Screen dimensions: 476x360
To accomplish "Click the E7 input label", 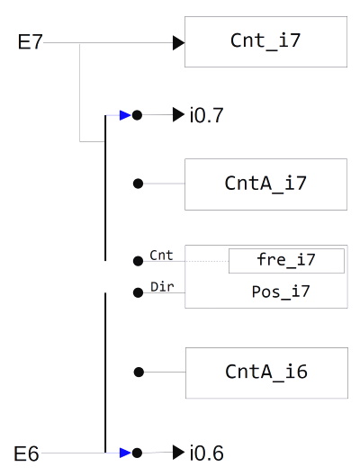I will point(30,42).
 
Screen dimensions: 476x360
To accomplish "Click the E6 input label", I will point(27,454).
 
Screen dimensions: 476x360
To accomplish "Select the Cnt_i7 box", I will point(265,41).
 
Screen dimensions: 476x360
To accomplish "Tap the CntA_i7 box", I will point(265,184).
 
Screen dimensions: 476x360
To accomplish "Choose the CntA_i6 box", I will point(265,372).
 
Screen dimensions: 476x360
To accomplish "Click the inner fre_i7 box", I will point(286,261).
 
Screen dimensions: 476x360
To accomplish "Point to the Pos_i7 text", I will point(286,292).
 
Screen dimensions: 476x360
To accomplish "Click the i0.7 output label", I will point(206,115).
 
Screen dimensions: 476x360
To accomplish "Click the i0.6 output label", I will point(206,453).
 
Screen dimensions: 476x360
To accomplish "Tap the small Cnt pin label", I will point(161,256).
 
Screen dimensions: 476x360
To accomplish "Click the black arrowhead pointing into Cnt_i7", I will point(178,42).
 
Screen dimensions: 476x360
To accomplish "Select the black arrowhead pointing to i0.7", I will point(178,115).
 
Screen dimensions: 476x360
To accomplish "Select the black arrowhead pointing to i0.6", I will point(178,452).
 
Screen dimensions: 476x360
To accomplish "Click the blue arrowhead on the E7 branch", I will point(125,115).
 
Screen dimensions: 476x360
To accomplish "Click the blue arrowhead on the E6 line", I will point(125,453).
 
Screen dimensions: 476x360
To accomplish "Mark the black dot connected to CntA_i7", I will point(138,184).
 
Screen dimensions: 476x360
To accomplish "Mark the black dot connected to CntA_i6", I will point(138,372).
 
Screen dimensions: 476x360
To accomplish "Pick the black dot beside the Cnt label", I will point(138,261).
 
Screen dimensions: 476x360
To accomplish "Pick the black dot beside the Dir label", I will point(138,292).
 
